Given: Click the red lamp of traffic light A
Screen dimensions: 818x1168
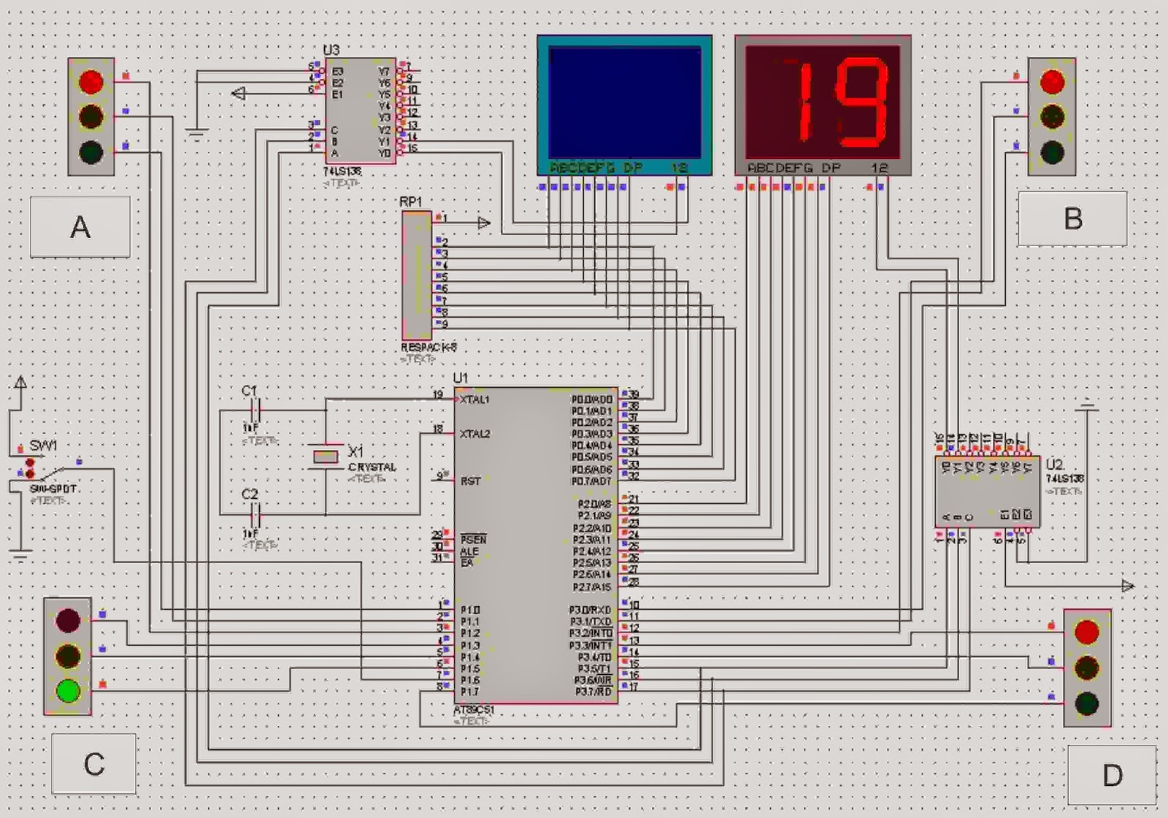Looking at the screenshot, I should click(91, 81).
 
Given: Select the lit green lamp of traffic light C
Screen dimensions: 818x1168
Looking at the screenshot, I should click(68, 690).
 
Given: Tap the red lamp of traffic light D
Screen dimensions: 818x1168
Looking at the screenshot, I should click(1086, 632).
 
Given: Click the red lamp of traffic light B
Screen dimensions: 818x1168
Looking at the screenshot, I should click(1052, 82).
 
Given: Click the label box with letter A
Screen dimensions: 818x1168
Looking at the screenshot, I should click(80, 227).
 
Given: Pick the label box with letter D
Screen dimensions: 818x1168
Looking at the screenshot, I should click(1112, 775).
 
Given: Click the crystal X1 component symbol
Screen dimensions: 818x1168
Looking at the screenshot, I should click(326, 456).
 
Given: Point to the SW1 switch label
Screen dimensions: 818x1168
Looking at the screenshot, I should click(43, 446).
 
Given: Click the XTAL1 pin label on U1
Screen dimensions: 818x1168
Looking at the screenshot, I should click(474, 400).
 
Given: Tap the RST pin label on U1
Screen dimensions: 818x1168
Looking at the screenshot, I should click(471, 481).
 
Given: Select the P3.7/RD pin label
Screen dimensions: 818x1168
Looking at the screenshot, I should click(593, 692).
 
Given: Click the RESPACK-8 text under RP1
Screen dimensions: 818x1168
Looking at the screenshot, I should click(429, 348).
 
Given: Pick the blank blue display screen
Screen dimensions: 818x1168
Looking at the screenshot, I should click(624, 102).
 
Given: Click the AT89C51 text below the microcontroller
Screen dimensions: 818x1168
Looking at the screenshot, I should click(474, 710).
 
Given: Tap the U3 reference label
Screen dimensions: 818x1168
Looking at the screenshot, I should click(331, 50).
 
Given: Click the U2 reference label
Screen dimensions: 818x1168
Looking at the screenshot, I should click(1054, 465).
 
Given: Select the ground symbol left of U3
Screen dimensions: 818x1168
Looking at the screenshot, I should click(196, 134).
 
